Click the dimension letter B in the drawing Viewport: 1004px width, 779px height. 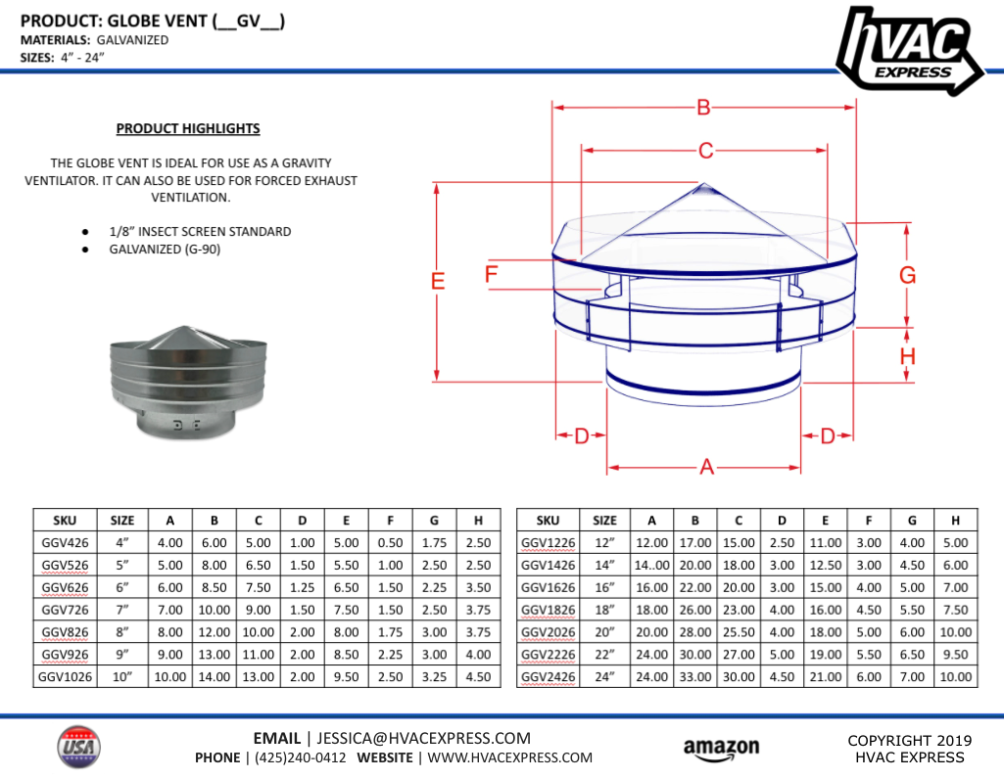pos(703,108)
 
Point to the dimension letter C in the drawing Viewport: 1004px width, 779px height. pos(704,151)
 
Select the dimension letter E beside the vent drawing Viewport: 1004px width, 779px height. pos(438,282)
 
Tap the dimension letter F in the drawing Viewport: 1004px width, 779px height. pos(492,274)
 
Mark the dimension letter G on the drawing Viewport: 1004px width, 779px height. pos(908,276)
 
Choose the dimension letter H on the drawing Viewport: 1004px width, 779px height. pos(908,356)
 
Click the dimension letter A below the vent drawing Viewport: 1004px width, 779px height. pos(706,468)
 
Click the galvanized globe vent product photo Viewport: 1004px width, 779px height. pos(185,382)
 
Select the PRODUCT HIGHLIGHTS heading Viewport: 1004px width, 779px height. pos(188,128)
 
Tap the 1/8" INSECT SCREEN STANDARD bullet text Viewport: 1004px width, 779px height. pos(200,232)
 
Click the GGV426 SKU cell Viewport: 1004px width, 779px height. pos(66,542)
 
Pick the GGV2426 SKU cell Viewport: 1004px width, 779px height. pos(548,676)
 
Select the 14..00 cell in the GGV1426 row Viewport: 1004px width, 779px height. pos(651,565)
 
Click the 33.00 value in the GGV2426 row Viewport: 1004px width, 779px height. pos(694,676)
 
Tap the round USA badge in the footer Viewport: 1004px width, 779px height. pos(79,748)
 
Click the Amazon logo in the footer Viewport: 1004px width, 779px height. pos(721,749)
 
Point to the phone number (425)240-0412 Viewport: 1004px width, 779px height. pos(300,757)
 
